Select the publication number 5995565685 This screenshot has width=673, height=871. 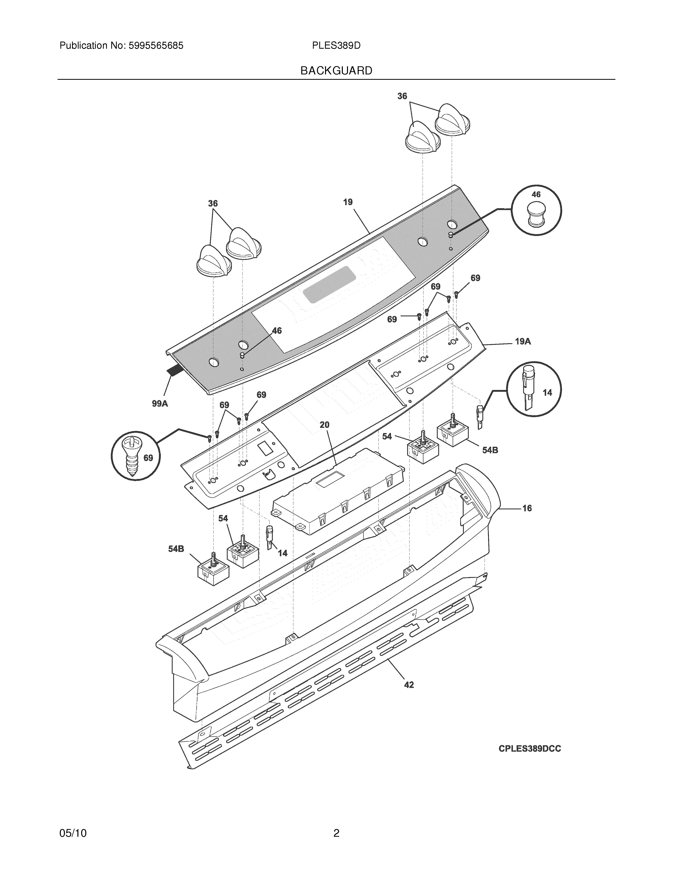point(156,46)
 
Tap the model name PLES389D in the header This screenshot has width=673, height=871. point(336,46)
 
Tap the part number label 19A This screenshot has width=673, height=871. point(523,341)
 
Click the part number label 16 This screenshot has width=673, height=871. point(527,508)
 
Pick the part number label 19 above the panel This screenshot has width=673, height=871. point(348,202)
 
